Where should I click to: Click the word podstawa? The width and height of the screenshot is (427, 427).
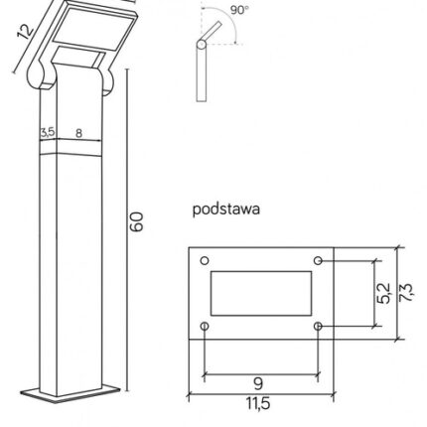tap(226, 210)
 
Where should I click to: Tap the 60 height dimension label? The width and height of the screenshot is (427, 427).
tap(136, 221)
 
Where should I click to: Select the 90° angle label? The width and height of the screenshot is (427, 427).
tap(239, 10)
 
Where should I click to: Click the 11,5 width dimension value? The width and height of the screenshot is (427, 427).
tap(258, 403)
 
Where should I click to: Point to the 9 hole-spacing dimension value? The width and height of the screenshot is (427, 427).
tap(258, 383)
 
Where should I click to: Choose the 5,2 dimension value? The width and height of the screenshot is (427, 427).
tap(384, 293)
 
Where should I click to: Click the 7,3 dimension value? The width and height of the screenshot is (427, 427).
tap(406, 292)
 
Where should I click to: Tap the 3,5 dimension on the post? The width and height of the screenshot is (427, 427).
tap(48, 132)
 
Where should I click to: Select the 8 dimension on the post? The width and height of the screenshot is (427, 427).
tap(78, 133)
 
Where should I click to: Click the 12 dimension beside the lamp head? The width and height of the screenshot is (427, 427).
tap(26, 32)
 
